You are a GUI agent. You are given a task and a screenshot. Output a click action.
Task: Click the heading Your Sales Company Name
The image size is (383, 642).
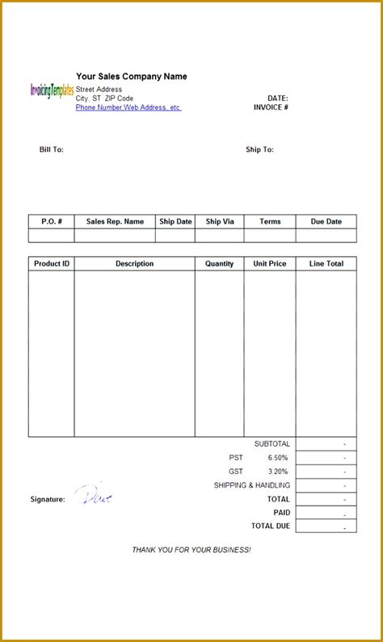pos(131,77)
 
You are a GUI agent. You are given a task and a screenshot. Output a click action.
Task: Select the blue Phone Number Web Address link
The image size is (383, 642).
pos(128,107)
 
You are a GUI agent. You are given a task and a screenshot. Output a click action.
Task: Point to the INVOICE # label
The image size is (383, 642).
pos(271,107)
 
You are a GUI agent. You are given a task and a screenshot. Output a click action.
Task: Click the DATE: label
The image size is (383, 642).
pos(277,99)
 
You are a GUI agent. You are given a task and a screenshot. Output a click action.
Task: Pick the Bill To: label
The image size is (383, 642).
pos(51,149)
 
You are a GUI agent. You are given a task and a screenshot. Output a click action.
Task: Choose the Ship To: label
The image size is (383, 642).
pos(259,149)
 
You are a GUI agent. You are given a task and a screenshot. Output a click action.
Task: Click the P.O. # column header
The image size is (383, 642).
pos(52,221)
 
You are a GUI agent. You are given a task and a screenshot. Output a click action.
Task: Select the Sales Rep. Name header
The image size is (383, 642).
pos(115,221)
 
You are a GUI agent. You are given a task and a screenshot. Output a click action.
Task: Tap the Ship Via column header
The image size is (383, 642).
pos(219,221)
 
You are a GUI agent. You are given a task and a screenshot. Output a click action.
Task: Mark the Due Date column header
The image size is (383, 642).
pos(326,221)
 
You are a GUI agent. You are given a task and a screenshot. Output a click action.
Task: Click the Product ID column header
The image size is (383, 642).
pos(52,264)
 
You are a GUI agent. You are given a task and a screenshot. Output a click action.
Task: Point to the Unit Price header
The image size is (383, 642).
pos(269,264)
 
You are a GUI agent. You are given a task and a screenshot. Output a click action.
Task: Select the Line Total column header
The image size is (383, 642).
pos(326,264)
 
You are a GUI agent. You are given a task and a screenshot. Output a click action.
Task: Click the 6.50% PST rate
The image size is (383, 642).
pos(277,458)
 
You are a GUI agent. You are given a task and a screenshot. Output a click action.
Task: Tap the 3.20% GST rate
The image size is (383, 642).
pos(277,472)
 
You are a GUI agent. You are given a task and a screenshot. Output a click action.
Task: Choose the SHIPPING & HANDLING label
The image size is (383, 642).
pos(251,485)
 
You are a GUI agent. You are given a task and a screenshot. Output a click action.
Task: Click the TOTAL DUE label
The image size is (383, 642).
pos(270,526)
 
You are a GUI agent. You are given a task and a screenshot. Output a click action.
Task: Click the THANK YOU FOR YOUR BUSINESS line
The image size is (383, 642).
pos(191,550)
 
